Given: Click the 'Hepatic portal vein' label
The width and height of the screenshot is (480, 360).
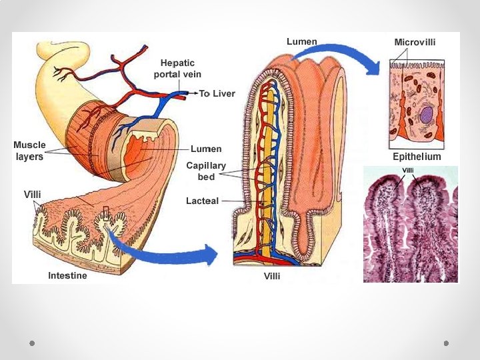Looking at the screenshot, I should click(x=177, y=68).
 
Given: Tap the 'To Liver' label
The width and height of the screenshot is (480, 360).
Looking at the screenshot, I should click(x=217, y=94).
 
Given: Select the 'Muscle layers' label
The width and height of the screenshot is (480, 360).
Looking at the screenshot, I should click(x=30, y=151).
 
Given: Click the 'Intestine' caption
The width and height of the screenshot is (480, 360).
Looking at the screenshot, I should click(x=67, y=275).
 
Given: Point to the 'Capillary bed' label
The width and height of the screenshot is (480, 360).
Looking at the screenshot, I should click(x=206, y=171).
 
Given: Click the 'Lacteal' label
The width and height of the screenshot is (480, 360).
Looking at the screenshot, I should click(x=202, y=201).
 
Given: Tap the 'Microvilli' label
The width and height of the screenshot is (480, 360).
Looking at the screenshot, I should click(x=415, y=42).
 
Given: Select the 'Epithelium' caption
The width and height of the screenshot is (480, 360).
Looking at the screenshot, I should click(x=417, y=157).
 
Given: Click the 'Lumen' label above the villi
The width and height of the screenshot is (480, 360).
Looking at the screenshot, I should click(x=301, y=41).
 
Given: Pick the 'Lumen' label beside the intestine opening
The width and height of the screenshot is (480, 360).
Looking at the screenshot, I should click(x=206, y=149).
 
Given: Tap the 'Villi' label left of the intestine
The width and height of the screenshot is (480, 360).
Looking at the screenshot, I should click(x=33, y=194).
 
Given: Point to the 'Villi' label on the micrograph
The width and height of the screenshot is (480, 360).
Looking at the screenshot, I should click(x=408, y=171).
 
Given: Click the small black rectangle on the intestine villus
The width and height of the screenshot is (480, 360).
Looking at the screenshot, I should click(x=105, y=213).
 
